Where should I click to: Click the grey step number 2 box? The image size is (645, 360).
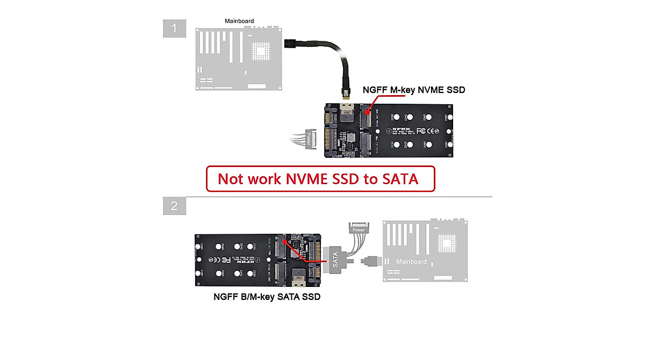pos(174,206)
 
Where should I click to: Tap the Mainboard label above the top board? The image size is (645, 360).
pos(239,21)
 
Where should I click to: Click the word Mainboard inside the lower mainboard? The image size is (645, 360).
pos(411,262)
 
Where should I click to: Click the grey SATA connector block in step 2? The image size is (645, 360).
pos(335,261)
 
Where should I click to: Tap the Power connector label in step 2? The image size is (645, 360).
pos(359,229)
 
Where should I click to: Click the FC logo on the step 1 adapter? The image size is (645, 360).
pos(422,131)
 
